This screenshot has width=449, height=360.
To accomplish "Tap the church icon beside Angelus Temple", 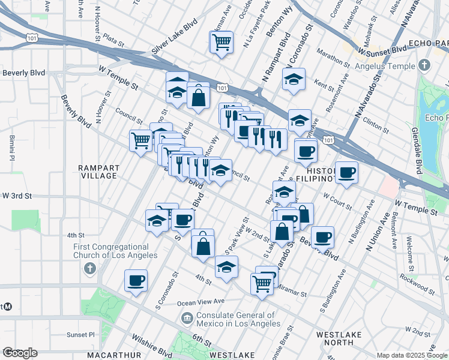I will [x=424, y=64].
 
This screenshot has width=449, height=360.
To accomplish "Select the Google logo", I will [x=19, y=353].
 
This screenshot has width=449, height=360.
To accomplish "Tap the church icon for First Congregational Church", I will [x=89, y=267].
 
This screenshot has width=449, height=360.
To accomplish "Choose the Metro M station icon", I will [x=8, y=307].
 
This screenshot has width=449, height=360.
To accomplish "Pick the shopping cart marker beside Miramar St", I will [x=262, y=283].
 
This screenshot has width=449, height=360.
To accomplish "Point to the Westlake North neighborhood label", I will [x=335, y=338].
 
